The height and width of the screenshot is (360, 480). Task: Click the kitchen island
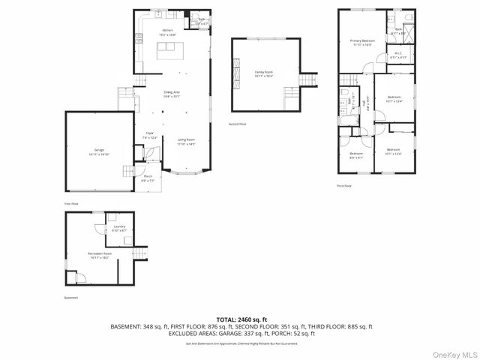click(x=169, y=51)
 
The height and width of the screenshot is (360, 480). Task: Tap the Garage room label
click(x=99, y=153)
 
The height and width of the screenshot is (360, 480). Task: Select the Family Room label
click(x=263, y=73)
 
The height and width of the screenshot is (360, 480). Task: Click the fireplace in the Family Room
click(x=235, y=73)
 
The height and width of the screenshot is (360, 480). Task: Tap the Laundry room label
click(x=119, y=228)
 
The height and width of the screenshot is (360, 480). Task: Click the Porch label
click(x=148, y=178)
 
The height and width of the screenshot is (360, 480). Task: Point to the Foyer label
click(x=150, y=136)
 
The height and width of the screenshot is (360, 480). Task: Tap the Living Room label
click(x=186, y=142)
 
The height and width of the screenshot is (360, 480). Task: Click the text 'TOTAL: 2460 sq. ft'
click(x=241, y=319)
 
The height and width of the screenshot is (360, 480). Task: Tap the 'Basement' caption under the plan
click(x=70, y=298)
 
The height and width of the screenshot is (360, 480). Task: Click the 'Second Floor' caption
click(x=238, y=124)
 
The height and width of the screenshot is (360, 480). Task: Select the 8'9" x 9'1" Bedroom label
click(x=355, y=154)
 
